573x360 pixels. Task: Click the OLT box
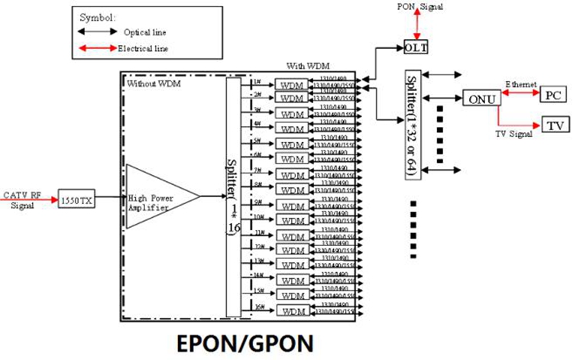[x=416, y=48]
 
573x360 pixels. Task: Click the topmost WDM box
[x=291, y=85]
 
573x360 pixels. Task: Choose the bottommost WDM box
[x=291, y=310]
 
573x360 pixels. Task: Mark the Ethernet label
[x=521, y=84]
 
